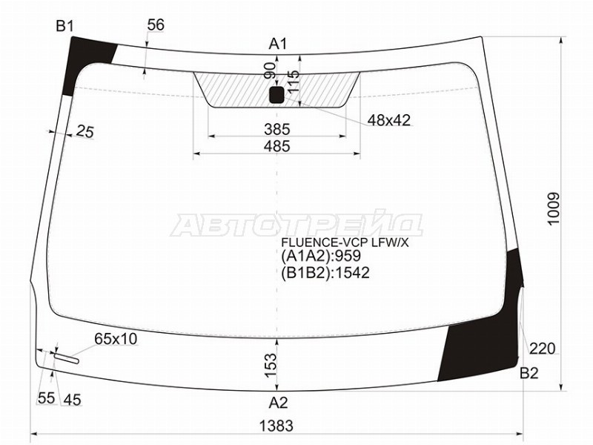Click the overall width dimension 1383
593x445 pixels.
[276, 426]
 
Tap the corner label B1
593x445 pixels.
[65, 27]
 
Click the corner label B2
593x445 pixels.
[529, 373]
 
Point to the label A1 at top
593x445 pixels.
[278, 44]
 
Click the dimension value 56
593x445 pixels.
[155, 25]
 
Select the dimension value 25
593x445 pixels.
[85, 133]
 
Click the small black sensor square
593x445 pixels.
[276, 94]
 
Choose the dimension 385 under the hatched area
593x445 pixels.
[276, 129]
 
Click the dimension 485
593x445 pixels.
[276, 146]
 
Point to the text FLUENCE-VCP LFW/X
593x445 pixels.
[344, 242]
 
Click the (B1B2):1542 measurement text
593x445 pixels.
[325, 273]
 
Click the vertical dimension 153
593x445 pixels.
[271, 363]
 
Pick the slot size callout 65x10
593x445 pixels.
[115, 339]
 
